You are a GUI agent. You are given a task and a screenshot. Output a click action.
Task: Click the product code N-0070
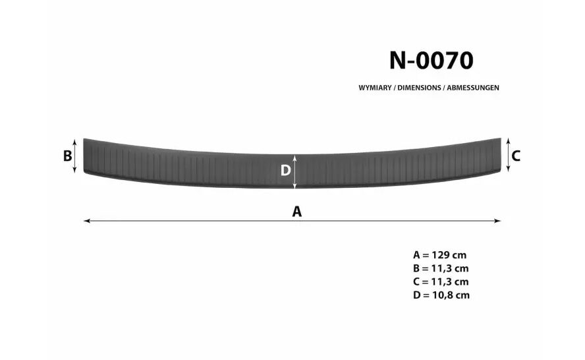(432, 60)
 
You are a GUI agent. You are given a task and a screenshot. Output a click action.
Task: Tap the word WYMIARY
(375, 88)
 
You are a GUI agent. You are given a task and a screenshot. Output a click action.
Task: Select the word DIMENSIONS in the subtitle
(419, 88)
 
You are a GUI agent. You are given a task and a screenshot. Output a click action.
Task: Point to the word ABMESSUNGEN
(473, 88)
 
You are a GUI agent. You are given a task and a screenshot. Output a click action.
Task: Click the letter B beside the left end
(67, 156)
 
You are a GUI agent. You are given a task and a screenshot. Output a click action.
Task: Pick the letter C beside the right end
(516, 156)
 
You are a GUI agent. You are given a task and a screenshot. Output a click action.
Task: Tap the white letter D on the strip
(285, 171)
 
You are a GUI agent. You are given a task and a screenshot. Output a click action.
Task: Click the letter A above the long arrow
(296, 212)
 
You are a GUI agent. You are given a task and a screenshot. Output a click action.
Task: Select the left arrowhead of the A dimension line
(87, 221)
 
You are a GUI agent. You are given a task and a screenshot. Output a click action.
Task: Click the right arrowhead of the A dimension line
(497, 221)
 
